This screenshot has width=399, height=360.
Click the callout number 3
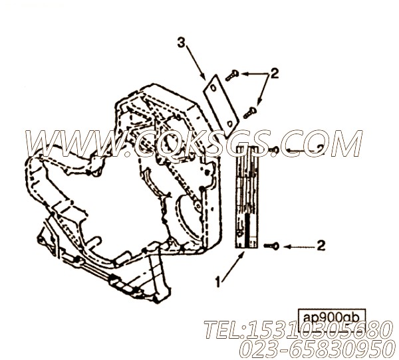[181, 43]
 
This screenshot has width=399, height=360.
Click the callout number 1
[217, 282]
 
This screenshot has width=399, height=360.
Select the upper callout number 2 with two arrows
[274, 74]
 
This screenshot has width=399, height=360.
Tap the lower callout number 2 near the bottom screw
[321, 246]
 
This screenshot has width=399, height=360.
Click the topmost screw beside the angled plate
[232, 76]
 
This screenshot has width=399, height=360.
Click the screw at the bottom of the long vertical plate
[272, 246]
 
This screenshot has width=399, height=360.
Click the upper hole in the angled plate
[213, 88]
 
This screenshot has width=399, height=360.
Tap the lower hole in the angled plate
[229, 124]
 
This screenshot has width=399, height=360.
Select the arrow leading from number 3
[196, 62]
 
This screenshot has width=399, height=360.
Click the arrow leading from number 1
[233, 266]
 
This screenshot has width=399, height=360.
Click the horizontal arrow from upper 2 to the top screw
[255, 74]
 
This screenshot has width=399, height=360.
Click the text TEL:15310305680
[297, 329]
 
